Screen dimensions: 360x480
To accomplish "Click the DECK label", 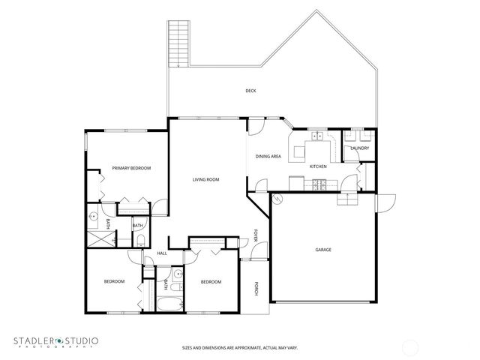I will point(250,91).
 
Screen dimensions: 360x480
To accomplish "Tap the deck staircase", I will point(179,44).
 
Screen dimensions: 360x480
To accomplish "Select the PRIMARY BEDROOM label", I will point(131,168).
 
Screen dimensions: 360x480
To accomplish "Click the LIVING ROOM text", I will point(205,179).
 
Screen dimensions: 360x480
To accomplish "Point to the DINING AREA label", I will point(268,156).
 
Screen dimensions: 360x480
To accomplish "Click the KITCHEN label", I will point(318,166).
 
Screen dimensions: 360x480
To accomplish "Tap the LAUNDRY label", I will point(358,148).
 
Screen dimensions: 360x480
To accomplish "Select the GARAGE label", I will point(322,250).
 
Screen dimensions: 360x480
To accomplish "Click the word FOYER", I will point(256,236).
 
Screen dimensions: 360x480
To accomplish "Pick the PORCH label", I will point(256,287).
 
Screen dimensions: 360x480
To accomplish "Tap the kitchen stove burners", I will point(318,184).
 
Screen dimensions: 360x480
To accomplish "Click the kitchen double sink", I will point(318,136).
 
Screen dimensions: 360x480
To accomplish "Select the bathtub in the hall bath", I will point(169,304).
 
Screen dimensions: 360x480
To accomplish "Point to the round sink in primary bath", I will point(92,217).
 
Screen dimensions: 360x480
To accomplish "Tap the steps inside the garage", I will point(346,199).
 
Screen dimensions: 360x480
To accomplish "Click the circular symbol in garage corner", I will point(276,199).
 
